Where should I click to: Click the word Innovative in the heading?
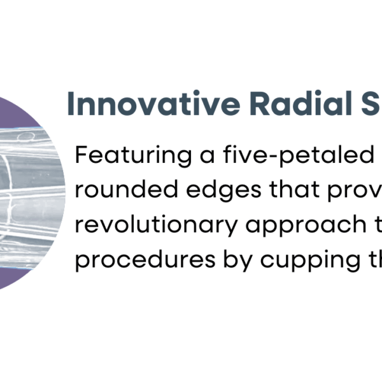[x=153, y=104]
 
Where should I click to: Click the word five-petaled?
[x=299, y=155]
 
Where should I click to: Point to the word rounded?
[x=127, y=189]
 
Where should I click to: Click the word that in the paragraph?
[x=294, y=189]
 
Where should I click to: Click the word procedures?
[x=145, y=260]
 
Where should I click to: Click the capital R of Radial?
[x=259, y=104]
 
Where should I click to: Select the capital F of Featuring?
[x=82, y=155]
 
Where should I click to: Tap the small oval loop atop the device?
[x=26, y=138]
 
